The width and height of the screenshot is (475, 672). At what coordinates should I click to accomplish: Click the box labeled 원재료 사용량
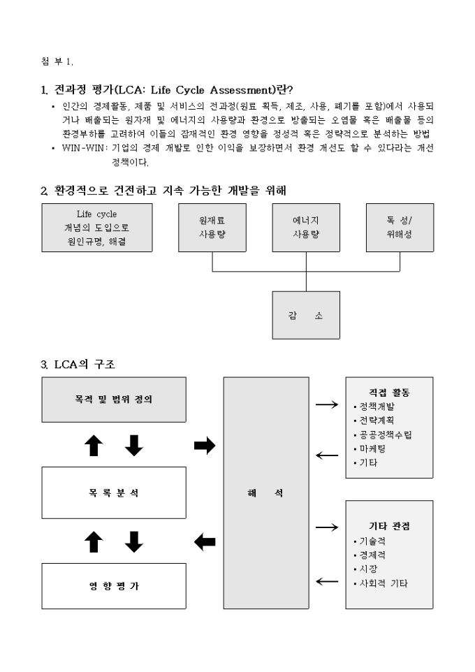(x=212, y=227)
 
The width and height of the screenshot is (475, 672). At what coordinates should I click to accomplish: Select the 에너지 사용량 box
(x=306, y=227)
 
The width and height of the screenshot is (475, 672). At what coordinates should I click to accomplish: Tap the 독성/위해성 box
(x=400, y=227)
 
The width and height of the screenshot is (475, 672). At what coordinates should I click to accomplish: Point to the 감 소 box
(x=306, y=315)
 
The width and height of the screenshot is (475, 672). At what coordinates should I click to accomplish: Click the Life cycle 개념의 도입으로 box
(x=96, y=227)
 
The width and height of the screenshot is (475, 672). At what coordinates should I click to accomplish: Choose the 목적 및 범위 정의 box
(x=114, y=400)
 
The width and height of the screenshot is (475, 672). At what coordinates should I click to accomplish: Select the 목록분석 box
(x=114, y=492)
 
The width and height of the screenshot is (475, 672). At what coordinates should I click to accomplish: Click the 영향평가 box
(x=114, y=586)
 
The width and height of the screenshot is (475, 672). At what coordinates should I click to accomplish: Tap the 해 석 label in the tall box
(x=265, y=492)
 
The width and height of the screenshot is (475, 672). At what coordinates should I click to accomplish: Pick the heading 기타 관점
(x=389, y=526)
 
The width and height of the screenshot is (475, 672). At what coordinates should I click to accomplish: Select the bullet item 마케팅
(x=372, y=448)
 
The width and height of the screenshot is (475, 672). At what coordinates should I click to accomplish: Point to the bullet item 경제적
(x=372, y=555)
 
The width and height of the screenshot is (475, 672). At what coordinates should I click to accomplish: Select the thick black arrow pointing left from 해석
(x=204, y=541)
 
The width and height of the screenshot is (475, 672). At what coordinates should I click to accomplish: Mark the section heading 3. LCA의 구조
(x=82, y=363)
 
